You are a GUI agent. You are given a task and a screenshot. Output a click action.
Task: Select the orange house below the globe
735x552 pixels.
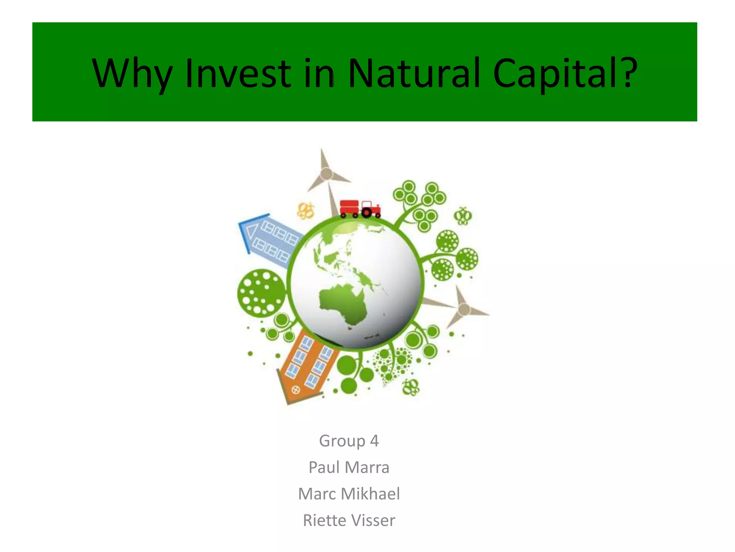[x=307, y=367]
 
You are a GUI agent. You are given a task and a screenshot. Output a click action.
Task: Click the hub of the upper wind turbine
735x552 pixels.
[x=326, y=174]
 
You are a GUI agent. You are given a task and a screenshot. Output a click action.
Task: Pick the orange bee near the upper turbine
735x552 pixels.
[x=306, y=211]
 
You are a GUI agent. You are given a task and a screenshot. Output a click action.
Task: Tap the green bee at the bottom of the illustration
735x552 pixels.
[x=411, y=387]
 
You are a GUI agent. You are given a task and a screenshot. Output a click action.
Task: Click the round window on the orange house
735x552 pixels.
[x=296, y=389]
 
